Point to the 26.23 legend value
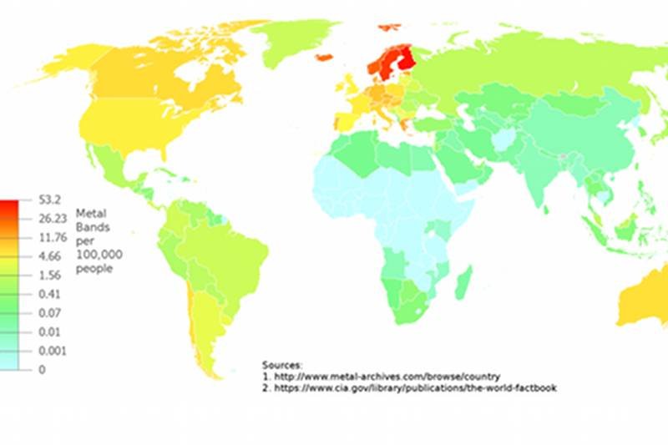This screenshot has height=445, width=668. click(x=52, y=218)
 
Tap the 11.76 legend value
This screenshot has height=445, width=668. click(x=52, y=236)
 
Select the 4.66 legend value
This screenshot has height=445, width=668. click(x=49, y=255)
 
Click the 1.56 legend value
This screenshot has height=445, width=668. click(x=49, y=275)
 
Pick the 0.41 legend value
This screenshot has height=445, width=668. click(x=49, y=294)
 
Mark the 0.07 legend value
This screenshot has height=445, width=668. click(x=49, y=312)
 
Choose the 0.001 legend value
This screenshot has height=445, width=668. click(x=52, y=351)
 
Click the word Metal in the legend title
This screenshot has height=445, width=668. click(x=89, y=212)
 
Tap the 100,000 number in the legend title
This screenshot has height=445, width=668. click(x=99, y=254)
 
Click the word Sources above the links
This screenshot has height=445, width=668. click(x=282, y=365)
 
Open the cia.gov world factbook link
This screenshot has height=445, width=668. click(x=414, y=388)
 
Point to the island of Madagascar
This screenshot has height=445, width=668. click(x=465, y=281)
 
